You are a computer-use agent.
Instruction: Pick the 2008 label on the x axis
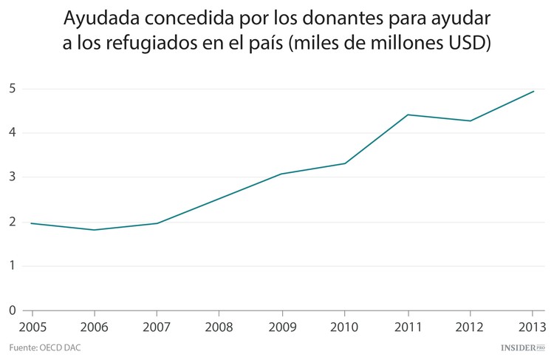pyautogui.click(x=218, y=326)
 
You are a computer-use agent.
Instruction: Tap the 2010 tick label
pyautogui.click(x=345, y=326)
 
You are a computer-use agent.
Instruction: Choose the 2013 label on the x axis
pyautogui.click(x=533, y=326)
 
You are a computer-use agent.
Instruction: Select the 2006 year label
pyautogui.click(x=93, y=326)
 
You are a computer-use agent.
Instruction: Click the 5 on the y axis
pyautogui.click(x=13, y=89)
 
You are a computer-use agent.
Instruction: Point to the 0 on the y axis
pyautogui.click(x=13, y=310)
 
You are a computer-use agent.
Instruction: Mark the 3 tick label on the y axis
pyautogui.click(x=13, y=177)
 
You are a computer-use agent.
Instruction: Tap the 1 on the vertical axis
pyautogui.click(x=13, y=266)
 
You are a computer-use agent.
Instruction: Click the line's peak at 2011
pyautogui.click(x=408, y=115)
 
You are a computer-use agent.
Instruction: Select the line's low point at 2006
pyautogui.click(x=93, y=230)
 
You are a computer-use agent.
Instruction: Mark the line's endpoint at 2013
pyautogui.click(x=533, y=92)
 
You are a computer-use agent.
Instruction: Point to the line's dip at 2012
pyautogui.click(x=471, y=120)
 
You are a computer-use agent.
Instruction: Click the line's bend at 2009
pyautogui.click(x=281, y=174)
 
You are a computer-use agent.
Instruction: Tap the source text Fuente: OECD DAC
pyautogui.click(x=44, y=347)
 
